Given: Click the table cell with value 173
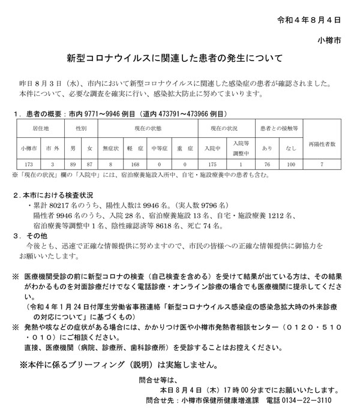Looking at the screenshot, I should point(29,163).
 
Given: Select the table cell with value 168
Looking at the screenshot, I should point(135,163).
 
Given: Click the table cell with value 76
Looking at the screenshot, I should point(267,163).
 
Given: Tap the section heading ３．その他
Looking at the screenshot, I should point(35,236).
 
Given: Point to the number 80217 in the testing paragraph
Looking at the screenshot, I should point(62,206).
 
